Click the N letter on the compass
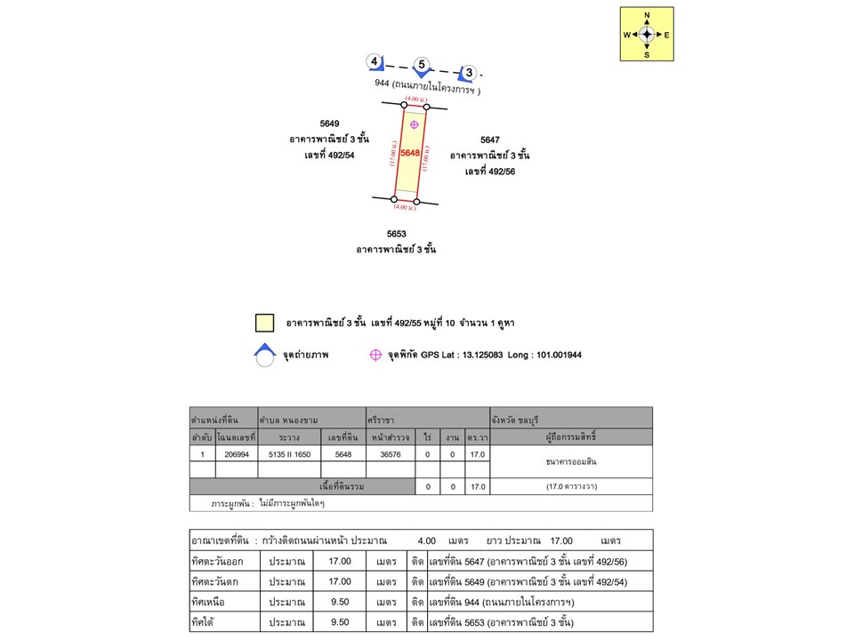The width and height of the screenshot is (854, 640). pos(647,16)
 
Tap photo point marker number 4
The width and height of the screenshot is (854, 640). pos(375,62)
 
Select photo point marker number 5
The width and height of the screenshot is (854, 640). pos(423,66)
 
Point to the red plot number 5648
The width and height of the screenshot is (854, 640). pos(410,153)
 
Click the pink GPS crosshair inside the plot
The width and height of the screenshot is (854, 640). pos(414,124)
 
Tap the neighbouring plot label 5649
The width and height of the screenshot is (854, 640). pos(329,124)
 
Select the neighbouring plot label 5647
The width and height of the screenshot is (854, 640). pos(489,140)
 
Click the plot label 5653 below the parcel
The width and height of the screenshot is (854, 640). pos(396,234)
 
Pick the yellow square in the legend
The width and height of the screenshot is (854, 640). pos(264,323)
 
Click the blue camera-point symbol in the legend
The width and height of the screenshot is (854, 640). pos(264,355)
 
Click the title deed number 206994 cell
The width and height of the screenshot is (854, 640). pos(236,454)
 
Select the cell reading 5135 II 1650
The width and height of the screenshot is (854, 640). pos(288,454)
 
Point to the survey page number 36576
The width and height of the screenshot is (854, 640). pos(391,454)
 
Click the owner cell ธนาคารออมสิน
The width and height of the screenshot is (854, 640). pos(571,462)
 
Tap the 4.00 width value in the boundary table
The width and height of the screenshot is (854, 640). pos(427,540)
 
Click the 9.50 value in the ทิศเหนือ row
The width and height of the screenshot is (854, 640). pos(340,602)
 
